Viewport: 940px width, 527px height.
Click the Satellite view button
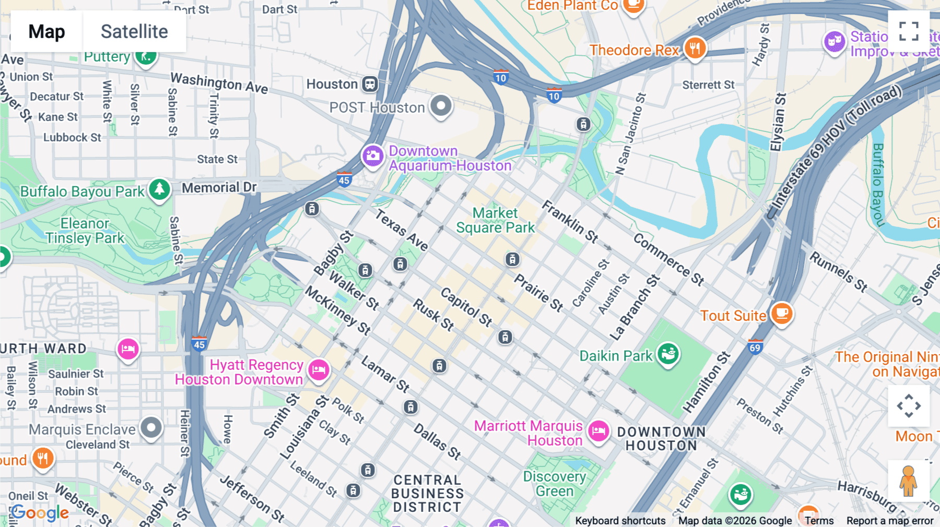pos(134,31)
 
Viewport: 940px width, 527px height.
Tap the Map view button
pos(46,31)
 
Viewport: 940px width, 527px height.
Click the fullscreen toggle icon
pos(909,31)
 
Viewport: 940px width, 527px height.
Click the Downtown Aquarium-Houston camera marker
pos(373,155)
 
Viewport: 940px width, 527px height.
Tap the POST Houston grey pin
pos(441,105)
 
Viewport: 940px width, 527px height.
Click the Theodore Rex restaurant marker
pos(695,49)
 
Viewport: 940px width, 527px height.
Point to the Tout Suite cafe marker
pos(781,314)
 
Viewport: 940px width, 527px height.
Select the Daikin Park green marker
pos(668,354)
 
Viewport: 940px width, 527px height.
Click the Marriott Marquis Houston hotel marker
pos(598,431)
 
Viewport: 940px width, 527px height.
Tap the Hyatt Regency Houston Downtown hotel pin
pos(319,370)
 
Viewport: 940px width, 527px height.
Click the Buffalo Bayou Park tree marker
pos(159,189)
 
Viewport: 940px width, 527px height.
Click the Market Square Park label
pos(495,220)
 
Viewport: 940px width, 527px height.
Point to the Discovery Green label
pos(555,484)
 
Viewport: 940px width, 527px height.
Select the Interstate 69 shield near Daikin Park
pos(755,346)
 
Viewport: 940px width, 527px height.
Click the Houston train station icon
pos(370,84)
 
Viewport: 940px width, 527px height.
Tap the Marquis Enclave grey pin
pos(151,427)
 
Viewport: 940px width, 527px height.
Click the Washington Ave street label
pos(219,83)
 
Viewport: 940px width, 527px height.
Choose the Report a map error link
pos(889,521)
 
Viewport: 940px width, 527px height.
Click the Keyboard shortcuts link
pos(620,521)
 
